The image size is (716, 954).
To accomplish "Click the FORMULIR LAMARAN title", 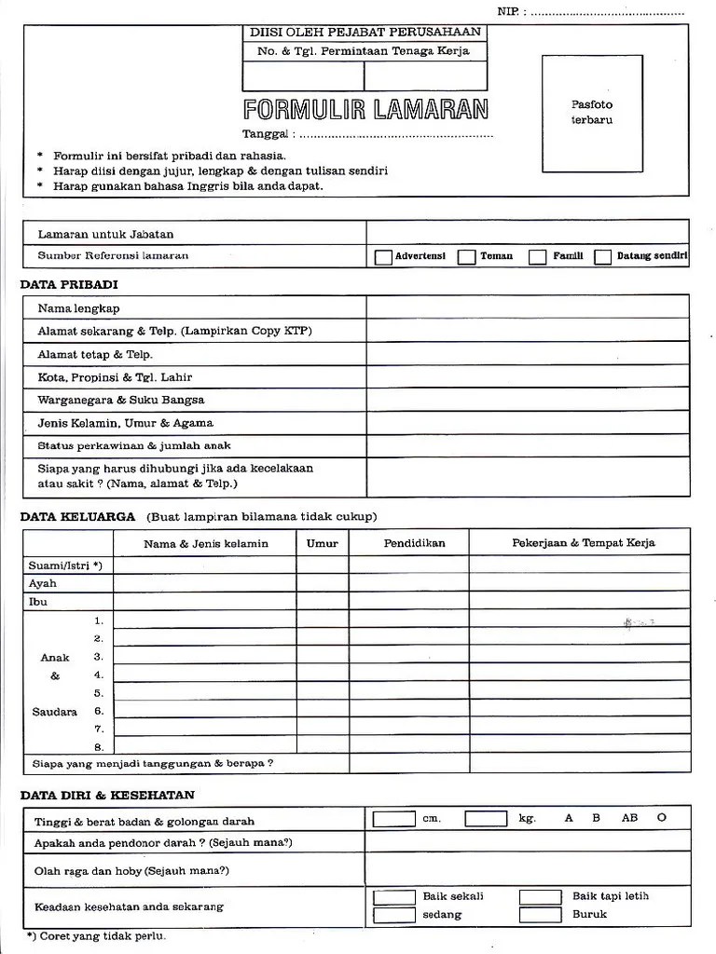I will (x=365, y=110).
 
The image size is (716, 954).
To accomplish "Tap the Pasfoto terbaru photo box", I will (x=592, y=114).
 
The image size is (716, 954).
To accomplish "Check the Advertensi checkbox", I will (x=383, y=257).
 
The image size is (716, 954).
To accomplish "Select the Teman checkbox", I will (x=467, y=257).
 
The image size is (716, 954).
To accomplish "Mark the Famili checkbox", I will (x=538, y=257).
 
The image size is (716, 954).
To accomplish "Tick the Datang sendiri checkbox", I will (x=603, y=257).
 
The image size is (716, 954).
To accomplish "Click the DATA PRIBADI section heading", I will (x=69, y=284).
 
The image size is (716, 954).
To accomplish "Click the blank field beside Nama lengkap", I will (x=528, y=307).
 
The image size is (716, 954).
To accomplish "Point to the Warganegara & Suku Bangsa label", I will (x=121, y=400).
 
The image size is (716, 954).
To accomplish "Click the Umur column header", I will (x=323, y=543).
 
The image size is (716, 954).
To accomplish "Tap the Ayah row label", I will (x=43, y=583).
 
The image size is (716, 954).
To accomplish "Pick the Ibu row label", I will (x=38, y=602).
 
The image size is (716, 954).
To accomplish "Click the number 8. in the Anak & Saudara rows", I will (x=98, y=747).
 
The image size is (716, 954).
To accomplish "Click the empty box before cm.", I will (x=393, y=819).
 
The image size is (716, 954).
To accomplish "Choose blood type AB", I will (x=629, y=818).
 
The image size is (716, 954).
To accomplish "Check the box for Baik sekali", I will (x=393, y=897).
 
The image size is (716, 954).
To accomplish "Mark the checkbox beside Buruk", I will (x=540, y=915).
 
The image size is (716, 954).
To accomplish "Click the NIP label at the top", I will (x=509, y=11).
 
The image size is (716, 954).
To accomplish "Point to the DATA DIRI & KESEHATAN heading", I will (x=108, y=795).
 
